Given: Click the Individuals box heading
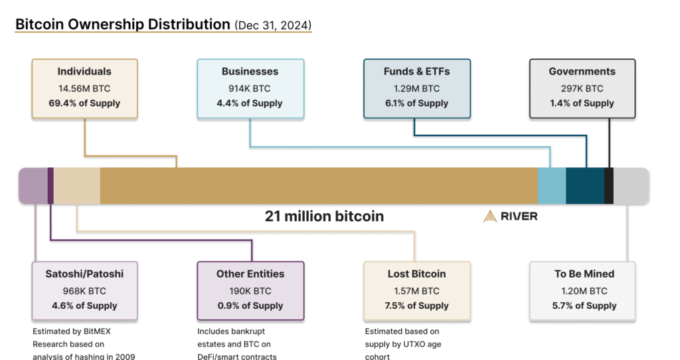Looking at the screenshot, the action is [x=84, y=72].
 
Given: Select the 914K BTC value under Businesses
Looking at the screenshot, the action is [x=250, y=88].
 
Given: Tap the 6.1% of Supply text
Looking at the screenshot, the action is [x=416, y=103].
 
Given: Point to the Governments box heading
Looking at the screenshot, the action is [x=582, y=72].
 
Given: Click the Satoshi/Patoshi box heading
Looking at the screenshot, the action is [x=84, y=274].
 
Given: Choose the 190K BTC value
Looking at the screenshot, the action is [x=250, y=291].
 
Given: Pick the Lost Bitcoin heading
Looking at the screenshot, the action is [x=416, y=274].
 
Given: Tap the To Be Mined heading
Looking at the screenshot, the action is [x=584, y=274].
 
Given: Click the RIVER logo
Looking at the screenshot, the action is [x=511, y=216].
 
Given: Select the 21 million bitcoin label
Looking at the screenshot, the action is [x=324, y=216].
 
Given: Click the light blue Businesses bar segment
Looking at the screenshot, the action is [x=552, y=185].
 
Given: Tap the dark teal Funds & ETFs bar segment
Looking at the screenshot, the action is [x=585, y=185].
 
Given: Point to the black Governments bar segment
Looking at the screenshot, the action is [x=609, y=185].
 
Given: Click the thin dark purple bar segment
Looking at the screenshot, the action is [x=50, y=185].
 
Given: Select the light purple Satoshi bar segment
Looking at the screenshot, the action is [x=33, y=185].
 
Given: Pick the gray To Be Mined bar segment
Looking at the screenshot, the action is [x=632, y=185].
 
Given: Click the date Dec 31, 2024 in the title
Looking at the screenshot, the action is [x=273, y=25].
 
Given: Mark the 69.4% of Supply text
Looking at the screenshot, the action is [x=84, y=103].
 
